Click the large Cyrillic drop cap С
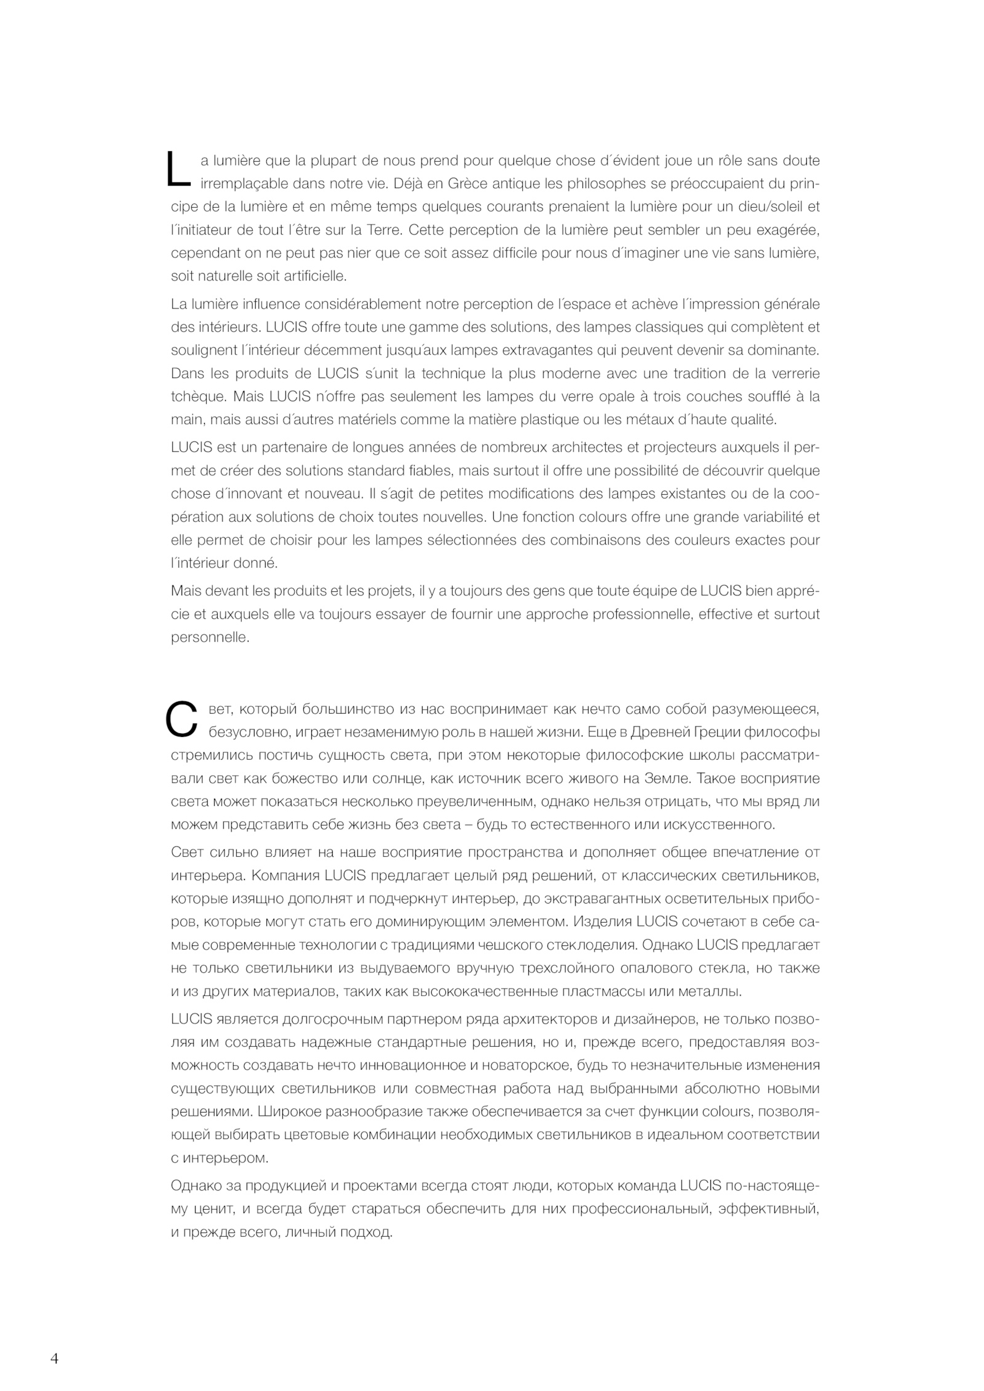(181, 720)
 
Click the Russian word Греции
(715, 732)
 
